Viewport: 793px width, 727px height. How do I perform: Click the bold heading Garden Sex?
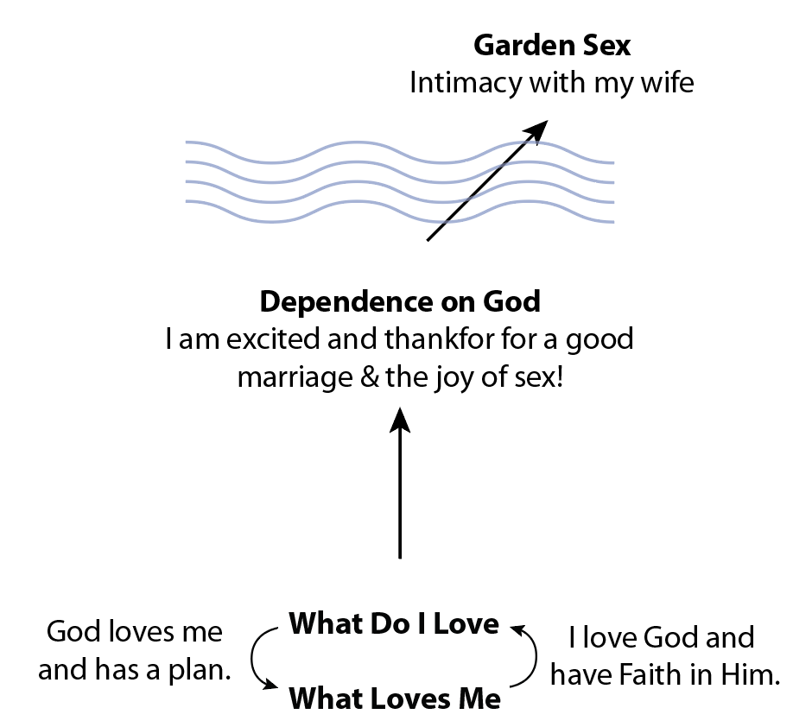coord(552,44)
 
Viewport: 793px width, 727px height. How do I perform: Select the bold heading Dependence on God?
coord(400,302)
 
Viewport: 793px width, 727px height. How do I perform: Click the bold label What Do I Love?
coord(394,623)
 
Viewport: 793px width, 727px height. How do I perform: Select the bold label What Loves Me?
coord(394,698)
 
